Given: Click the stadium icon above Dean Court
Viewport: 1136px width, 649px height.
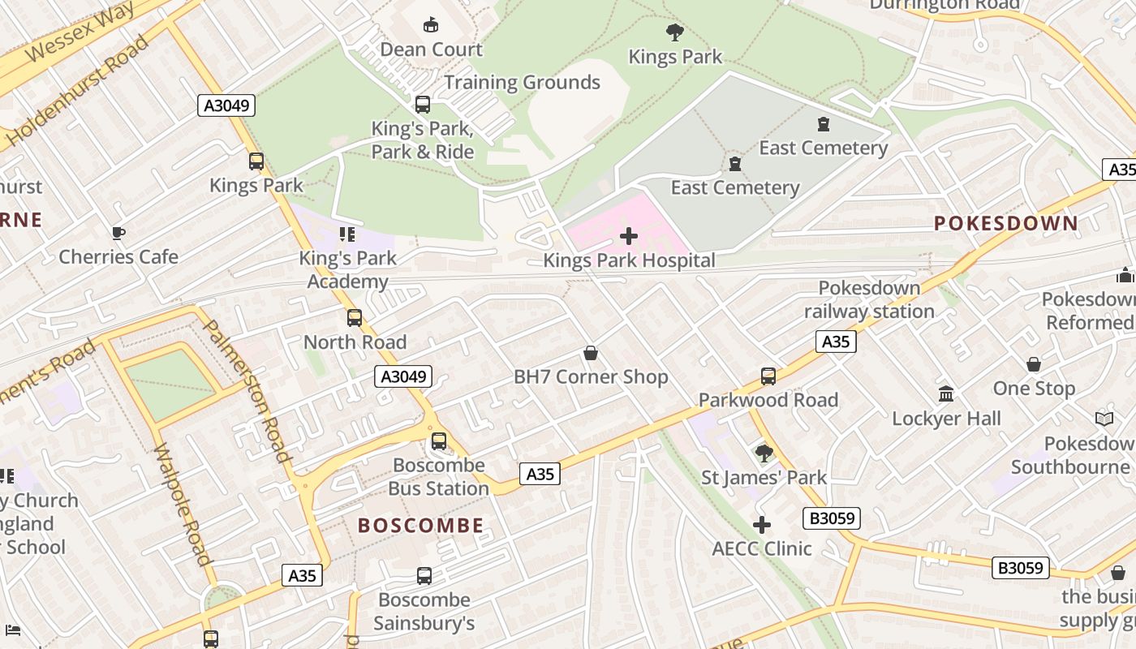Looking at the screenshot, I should [x=431, y=25].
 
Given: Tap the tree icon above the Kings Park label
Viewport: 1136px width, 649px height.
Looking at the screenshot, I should [x=674, y=33].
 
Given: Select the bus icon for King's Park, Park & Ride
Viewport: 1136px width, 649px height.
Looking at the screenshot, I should [x=422, y=105].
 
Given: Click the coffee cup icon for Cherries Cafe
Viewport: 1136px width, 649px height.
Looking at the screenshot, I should [x=118, y=234].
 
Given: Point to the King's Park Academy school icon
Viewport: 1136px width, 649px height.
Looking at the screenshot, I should [x=347, y=235].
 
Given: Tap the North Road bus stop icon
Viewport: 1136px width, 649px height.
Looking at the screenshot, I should [x=355, y=318].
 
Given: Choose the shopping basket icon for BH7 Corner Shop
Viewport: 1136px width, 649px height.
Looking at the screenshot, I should [x=591, y=354].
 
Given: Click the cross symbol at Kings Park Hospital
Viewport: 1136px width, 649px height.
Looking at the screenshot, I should [x=629, y=237].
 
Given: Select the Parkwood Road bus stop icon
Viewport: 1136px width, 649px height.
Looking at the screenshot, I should [x=768, y=376].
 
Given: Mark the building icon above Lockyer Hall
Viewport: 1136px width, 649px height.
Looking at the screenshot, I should [x=946, y=394].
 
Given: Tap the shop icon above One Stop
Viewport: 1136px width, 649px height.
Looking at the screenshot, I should [x=1034, y=364].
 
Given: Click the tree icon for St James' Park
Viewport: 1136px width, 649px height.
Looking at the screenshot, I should [x=764, y=453].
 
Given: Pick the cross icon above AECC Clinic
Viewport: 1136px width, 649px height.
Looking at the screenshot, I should [x=761, y=525].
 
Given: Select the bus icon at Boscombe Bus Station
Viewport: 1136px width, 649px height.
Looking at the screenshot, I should [x=438, y=441].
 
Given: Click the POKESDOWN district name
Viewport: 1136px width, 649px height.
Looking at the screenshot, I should [x=1006, y=223].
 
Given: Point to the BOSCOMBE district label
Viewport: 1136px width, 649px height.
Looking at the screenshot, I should [x=420, y=526].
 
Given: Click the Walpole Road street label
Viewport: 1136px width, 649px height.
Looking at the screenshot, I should [x=183, y=504].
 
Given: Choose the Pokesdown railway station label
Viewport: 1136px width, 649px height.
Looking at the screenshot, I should [x=869, y=299].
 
